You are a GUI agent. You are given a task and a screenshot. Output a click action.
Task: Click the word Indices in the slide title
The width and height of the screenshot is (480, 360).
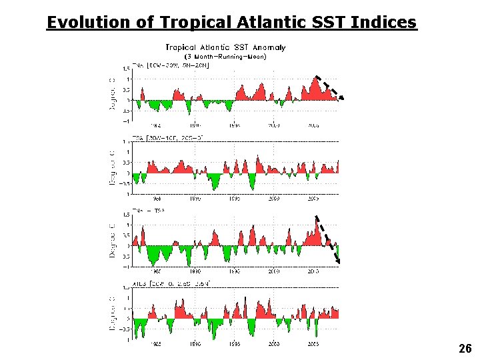pyautogui.click(x=385, y=23)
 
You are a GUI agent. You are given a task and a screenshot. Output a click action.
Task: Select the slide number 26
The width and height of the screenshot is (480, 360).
pyautogui.click(x=465, y=349)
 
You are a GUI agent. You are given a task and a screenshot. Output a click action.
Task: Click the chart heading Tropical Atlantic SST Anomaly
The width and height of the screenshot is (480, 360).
pyautogui.click(x=225, y=47)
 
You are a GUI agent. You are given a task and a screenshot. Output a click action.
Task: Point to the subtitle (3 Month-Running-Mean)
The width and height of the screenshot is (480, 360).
pyautogui.click(x=225, y=57)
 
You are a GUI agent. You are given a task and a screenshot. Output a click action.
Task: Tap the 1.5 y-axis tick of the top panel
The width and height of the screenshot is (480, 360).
pyautogui.click(x=127, y=68)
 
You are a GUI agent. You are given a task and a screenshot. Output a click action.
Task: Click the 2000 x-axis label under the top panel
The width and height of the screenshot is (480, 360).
pyautogui.click(x=274, y=125)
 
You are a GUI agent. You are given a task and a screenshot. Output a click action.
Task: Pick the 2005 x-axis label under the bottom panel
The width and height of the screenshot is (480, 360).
pyautogui.click(x=313, y=345)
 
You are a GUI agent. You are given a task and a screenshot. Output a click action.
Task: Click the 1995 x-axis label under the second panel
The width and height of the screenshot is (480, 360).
pyautogui.click(x=234, y=198)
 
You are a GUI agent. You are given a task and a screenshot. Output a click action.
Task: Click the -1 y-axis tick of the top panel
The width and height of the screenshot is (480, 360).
pyautogui.click(x=126, y=121)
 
